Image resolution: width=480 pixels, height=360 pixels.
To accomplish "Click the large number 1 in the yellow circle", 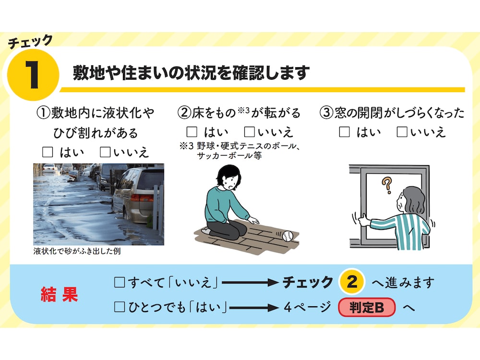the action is pyautogui.click(x=33, y=75).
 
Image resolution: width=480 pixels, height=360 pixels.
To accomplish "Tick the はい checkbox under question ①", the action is pyautogui.click(x=48, y=152).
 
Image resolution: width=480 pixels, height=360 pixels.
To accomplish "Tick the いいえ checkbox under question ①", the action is pyautogui.click(x=105, y=152).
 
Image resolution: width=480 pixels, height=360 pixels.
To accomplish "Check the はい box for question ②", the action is pyautogui.click(x=192, y=132).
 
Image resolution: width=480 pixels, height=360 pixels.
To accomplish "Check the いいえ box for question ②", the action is pyautogui.click(x=250, y=132).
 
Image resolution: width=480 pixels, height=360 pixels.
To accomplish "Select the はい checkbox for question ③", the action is pyautogui.click(x=344, y=132).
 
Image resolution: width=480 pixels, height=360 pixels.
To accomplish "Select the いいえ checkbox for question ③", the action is pyautogui.click(x=402, y=132).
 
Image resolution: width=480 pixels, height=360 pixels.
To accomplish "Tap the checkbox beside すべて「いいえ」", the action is pyautogui.click(x=120, y=282).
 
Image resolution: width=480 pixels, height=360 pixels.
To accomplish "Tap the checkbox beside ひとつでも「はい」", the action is pyautogui.click(x=120, y=307).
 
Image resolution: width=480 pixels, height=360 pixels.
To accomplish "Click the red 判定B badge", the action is pyautogui.click(x=367, y=307).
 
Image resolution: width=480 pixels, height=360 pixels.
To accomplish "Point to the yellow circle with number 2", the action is pyautogui.click(x=352, y=282).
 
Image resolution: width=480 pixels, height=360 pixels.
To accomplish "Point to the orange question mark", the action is pyautogui.click(x=387, y=185).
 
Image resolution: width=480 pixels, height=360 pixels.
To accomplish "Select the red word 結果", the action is pyautogui.click(x=60, y=294).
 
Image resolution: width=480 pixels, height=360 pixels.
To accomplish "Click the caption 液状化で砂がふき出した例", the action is pyautogui.click(x=77, y=252).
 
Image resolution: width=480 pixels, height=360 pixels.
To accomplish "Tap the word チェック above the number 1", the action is pyautogui.click(x=31, y=42).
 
